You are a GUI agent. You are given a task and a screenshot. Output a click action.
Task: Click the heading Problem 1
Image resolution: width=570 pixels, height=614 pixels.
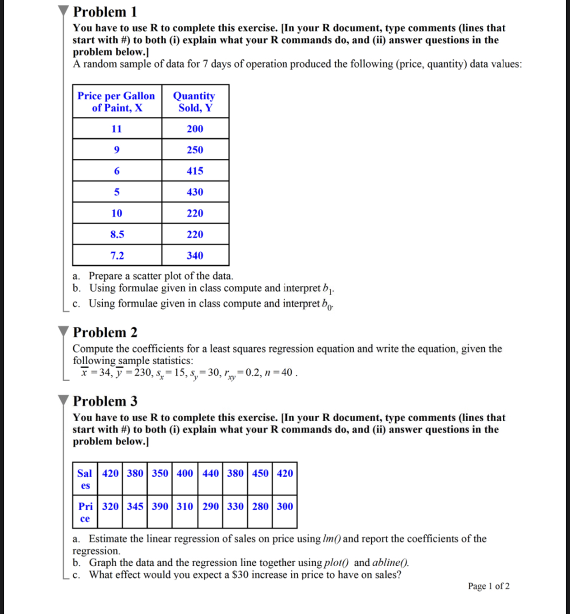[x=105, y=12]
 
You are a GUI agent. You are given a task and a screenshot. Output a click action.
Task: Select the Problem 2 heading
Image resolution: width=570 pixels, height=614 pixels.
[x=105, y=333]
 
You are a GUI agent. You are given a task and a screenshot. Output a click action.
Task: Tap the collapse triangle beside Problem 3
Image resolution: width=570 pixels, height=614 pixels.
[x=64, y=401]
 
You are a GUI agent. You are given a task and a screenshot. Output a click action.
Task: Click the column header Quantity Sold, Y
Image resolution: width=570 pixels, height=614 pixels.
[x=194, y=102]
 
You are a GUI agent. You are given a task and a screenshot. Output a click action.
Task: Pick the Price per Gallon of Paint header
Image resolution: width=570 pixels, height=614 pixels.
[x=116, y=102]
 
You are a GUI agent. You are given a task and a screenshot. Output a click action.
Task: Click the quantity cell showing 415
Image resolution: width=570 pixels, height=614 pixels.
[x=195, y=171]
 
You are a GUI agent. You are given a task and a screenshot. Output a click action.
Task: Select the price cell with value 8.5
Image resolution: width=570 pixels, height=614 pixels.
[x=117, y=234]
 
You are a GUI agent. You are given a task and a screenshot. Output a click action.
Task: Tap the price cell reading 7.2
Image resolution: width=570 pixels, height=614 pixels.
[x=117, y=256]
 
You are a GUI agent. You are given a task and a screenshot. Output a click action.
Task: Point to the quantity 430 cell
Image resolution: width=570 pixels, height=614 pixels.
[x=195, y=192]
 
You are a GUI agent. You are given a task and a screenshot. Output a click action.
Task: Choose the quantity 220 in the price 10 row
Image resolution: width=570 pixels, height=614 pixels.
[x=195, y=213]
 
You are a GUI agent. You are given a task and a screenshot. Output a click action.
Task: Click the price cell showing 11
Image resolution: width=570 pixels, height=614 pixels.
[x=117, y=129]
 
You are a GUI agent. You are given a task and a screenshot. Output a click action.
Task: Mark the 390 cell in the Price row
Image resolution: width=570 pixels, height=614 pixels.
[x=160, y=506]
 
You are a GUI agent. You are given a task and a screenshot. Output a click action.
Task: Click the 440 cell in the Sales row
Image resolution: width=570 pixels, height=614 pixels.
[x=210, y=473]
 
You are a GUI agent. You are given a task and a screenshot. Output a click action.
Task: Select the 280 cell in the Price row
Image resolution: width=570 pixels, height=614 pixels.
[x=260, y=506]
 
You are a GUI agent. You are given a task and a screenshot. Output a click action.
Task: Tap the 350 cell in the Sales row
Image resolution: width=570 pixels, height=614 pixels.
[x=160, y=473]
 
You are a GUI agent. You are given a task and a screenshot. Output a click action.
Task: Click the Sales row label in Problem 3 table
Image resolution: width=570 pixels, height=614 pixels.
[x=85, y=479]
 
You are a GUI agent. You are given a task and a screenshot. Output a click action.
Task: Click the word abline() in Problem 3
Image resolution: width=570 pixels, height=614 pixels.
[x=390, y=563]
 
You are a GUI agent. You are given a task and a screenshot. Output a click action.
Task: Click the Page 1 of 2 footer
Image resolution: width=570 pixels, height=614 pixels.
[x=489, y=586]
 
